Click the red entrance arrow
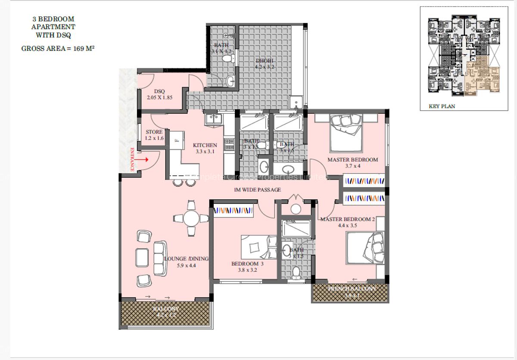pos(143,159)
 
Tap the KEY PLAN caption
pos(442,106)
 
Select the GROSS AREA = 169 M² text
pos(58,49)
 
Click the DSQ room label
pos(160,91)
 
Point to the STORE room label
pos(154,132)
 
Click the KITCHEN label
pos(205,145)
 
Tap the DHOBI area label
pos(265,60)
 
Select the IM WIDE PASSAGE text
pos(257,190)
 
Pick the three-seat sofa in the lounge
pos(159,258)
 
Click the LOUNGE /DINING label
pos(186,259)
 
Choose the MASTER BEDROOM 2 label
pos(347,219)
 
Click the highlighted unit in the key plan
pos(479,74)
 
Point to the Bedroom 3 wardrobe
pos(233,211)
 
